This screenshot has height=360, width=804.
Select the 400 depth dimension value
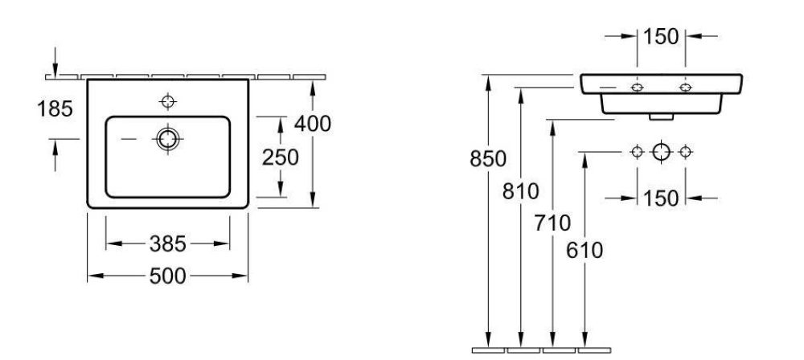[312, 125]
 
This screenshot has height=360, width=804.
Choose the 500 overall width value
[167, 276]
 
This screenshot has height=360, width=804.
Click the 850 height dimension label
[489, 159]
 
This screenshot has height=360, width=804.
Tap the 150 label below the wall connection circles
[661, 198]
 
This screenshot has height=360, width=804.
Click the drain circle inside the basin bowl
[167, 138]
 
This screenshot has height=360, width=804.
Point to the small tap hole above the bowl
[167, 100]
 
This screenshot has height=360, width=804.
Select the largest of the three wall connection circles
[661, 150]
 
